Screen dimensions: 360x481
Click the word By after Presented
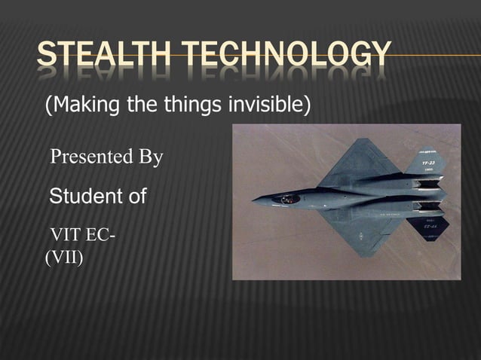[149, 157]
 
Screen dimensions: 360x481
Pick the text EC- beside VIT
[101, 235]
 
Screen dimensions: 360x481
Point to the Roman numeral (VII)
[65, 258]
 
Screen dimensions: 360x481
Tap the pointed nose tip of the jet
[254, 201]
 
